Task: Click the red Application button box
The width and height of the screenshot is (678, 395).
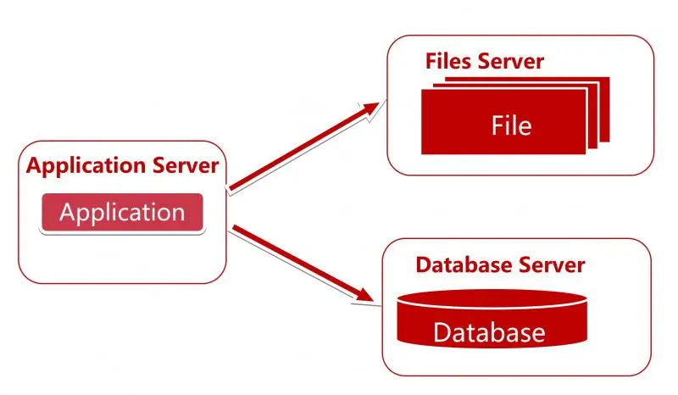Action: point(122,213)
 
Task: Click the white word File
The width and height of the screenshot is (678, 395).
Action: point(511,125)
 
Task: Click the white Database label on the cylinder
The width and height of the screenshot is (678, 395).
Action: point(489,331)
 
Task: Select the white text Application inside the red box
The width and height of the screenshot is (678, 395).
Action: point(122,212)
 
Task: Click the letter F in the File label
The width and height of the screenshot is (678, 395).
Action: point(497,125)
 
